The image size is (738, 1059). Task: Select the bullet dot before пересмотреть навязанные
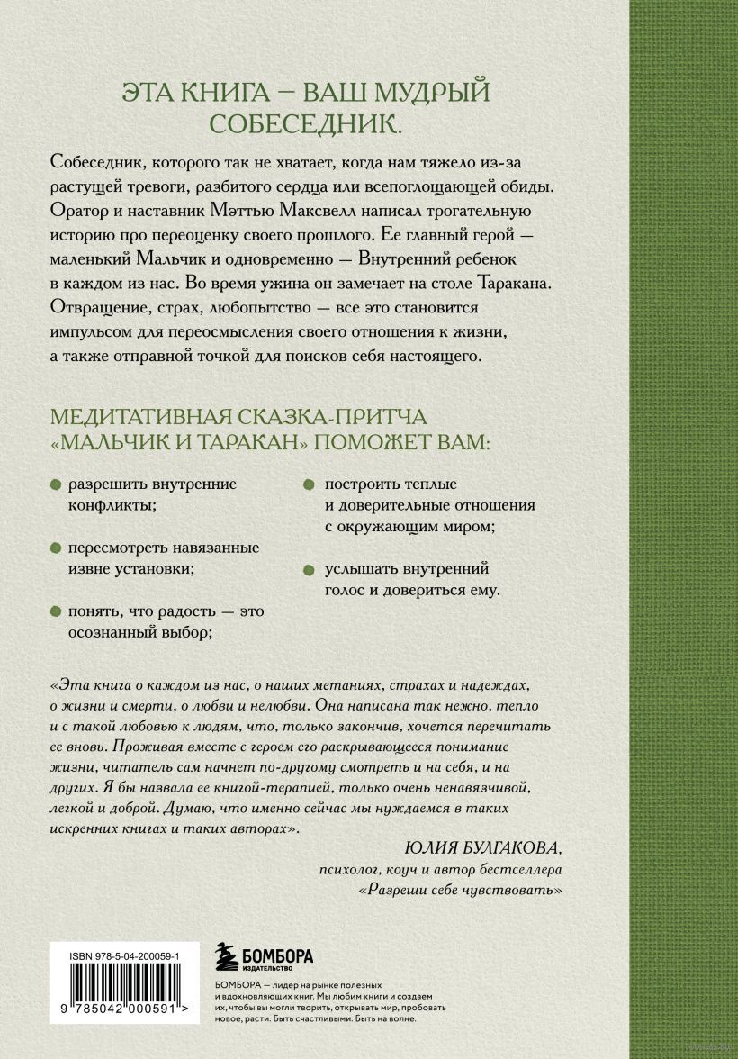(x=56, y=548)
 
